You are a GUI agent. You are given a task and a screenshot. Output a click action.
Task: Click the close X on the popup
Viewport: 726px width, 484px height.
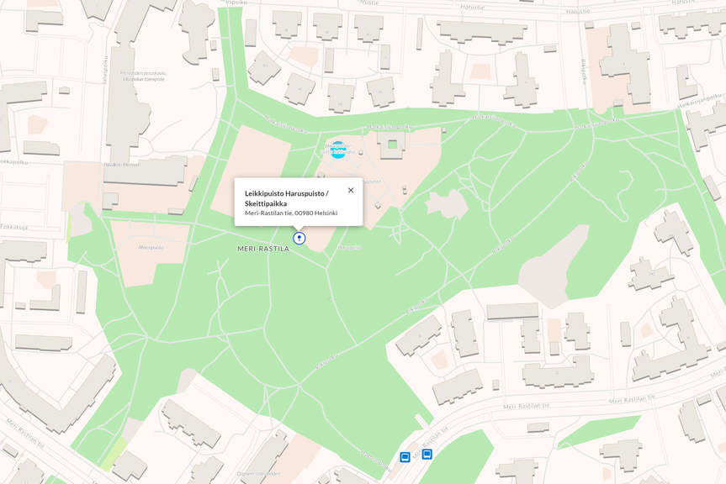tap(351, 190)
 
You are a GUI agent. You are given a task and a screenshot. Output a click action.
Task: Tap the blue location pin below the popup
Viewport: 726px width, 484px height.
tap(299, 239)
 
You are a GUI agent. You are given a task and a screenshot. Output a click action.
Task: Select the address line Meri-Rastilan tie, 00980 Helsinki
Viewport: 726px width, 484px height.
tap(291, 213)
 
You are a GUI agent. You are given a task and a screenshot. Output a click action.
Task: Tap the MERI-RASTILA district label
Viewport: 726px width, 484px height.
tap(262, 249)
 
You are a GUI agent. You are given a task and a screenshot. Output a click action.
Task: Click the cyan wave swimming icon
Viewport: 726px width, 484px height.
tap(338, 150)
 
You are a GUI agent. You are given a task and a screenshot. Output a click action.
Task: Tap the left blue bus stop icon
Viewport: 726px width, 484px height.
tap(405, 457)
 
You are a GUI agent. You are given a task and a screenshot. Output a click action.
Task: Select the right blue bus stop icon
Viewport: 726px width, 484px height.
tap(427, 454)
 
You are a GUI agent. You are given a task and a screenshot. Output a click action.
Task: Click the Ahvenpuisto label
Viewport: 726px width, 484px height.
tap(151, 247)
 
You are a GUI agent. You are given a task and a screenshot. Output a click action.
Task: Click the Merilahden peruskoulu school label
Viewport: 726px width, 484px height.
tap(143, 76)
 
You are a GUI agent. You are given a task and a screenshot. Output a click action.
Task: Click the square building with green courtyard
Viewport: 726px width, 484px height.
tap(391, 144)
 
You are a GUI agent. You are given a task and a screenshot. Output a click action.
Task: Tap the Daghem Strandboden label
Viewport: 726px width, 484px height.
tap(257, 473)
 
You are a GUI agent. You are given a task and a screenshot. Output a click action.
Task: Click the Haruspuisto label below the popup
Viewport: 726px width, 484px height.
tap(348, 248)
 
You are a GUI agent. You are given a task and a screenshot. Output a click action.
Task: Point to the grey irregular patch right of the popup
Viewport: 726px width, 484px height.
tap(447, 203)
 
